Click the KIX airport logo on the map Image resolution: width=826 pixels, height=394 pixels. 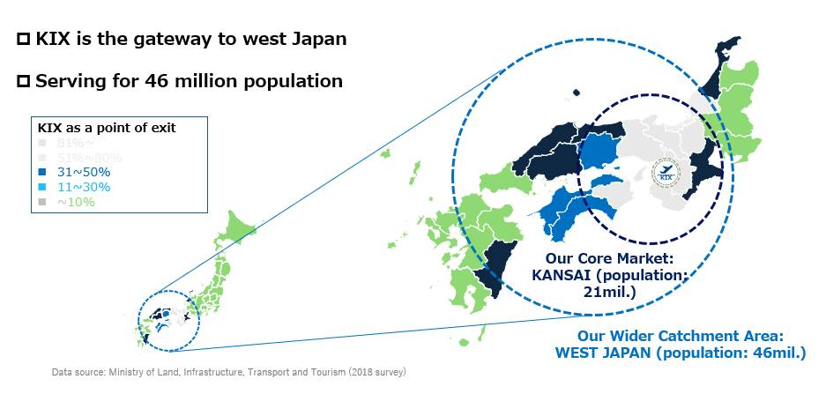click(666, 173)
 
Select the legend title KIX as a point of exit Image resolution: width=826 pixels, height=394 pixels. click(107, 128)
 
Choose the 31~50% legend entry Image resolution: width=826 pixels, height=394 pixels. click(78, 172)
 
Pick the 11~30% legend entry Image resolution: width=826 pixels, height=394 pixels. click(78, 187)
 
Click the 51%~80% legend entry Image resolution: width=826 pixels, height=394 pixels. click(85, 158)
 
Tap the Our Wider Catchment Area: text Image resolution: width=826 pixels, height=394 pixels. click(680, 336)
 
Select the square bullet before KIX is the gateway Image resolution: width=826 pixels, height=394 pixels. click(24, 40)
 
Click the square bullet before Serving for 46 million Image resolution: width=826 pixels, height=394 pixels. click(24, 82)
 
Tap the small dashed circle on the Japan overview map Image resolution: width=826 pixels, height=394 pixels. click(169, 321)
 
